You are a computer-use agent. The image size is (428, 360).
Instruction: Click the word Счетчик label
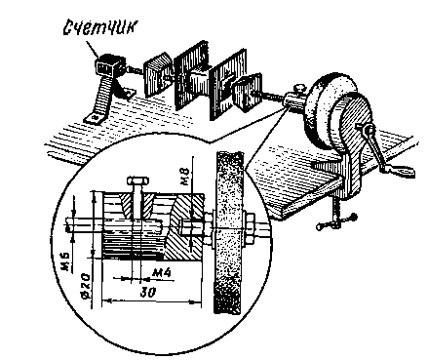click(100, 28)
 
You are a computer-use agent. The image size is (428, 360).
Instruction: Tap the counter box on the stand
click(109, 66)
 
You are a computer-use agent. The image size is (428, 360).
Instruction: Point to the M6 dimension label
click(66, 262)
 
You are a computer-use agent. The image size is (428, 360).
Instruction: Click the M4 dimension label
click(162, 272)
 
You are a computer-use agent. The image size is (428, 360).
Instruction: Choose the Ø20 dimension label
click(85, 286)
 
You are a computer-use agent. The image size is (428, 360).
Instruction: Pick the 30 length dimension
click(148, 292)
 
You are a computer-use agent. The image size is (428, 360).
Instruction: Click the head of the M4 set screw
click(137, 180)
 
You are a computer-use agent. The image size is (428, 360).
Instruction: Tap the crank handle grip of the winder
click(403, 170)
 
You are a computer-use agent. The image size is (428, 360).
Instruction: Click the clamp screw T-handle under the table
click(336, 221)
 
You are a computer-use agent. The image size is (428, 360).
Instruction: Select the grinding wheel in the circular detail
click(227, 232)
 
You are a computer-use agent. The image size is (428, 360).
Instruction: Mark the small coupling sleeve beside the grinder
click(293, 101)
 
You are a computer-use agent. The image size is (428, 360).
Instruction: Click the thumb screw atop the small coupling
click(297, 88)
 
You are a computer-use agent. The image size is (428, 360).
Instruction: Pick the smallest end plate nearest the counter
click(158, 75)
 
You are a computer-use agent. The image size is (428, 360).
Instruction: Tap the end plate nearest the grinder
click(249, 92)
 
